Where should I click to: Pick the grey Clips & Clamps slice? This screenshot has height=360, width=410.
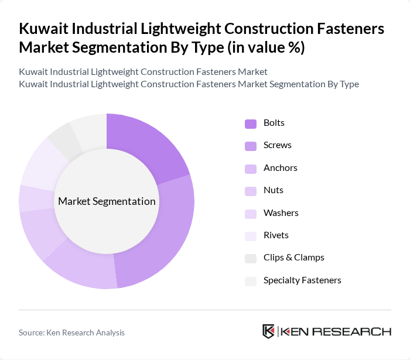click(x=63, y=140)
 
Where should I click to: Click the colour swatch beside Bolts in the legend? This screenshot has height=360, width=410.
click(x=251, y=124)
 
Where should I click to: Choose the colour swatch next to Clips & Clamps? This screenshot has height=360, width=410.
click(x=251, y=258)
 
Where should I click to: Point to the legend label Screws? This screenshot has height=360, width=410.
click(x=278, y=145)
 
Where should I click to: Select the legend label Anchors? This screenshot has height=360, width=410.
click(x=281, y=168)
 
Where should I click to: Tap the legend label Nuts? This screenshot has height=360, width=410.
click(x=274, y=190)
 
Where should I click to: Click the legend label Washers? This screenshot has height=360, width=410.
click(x=281, y=213)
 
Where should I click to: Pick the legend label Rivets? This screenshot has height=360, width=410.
click(x=276, y=235)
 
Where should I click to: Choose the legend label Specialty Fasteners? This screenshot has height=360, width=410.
click(x=302, y=280)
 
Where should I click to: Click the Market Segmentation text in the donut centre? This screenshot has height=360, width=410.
click(x=107, y=201)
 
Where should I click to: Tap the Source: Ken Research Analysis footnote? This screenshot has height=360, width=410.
click(x=71, y=332)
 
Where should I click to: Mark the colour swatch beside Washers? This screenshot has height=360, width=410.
click(x=251, y=213)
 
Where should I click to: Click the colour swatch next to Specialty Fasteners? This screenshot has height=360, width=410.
click(x=251, y=280)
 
